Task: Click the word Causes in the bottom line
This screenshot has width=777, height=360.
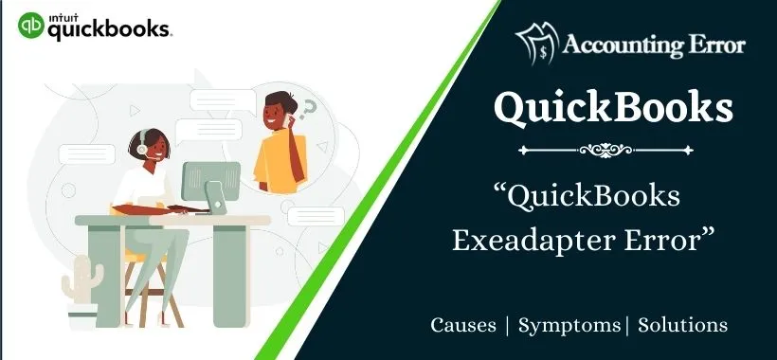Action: pyautogui.click(x=463, y=325)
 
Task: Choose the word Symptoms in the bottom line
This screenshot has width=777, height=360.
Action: pyautogui.click(x=569, y=325)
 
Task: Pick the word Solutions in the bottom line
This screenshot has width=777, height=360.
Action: pyautogui.click(x=683, y=325)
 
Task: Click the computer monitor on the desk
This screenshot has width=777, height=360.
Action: pyautogui.click(x=210, y=181)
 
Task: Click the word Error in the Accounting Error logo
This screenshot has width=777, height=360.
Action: pyautogui.click(x=719, y=45)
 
